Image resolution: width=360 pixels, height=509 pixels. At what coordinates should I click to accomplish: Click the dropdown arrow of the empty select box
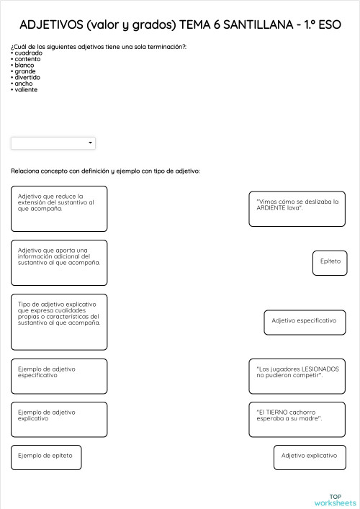point(91,143)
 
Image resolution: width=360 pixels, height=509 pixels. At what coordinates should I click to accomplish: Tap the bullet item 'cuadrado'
point(27,53)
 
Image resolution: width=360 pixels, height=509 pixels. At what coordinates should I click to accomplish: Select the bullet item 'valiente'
point(26,89)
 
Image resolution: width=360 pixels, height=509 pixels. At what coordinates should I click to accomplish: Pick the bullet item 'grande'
point(24,71)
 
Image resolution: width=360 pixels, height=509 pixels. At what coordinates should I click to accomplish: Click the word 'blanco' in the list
point(24,65)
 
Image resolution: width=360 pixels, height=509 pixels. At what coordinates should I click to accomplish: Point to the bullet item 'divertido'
point(27,77)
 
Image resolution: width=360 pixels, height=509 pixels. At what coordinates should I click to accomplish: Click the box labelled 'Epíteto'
point(330,261)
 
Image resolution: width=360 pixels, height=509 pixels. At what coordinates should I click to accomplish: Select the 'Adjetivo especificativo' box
point(305,321)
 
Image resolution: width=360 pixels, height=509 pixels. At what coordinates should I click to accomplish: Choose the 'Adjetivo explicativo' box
point(309,456)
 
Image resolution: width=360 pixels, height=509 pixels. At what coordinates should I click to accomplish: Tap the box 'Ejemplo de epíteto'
point(46,456)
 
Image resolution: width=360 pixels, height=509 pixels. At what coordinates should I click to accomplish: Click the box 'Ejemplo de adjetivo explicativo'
point(59,420)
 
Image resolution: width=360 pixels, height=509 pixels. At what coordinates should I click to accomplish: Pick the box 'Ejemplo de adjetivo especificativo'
point(59,376)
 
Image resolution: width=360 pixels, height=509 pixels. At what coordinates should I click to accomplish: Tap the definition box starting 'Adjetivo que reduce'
point(59,209)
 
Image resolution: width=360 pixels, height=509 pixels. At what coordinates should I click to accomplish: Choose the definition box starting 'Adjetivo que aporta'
point(59,263)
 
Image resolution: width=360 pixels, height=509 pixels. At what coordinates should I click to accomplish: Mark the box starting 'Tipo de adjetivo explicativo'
point(59,321)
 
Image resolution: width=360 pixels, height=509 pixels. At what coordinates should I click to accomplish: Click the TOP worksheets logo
point(335,500)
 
